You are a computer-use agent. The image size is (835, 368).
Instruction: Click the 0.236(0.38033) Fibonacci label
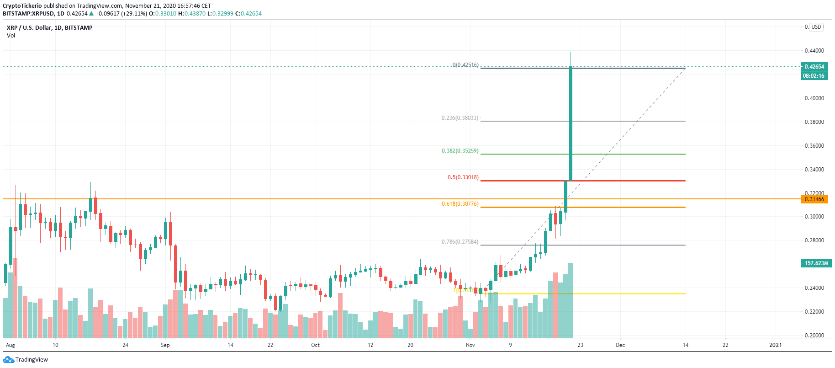point(460,118)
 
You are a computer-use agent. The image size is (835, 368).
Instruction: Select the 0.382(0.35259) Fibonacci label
point(460,151)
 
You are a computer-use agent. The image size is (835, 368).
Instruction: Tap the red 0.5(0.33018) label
point(463,177)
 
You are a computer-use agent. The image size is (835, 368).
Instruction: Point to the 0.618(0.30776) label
point(460,204)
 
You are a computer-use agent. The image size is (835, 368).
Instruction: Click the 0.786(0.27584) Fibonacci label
point(460,242)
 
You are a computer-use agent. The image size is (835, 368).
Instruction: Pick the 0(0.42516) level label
point(465,65)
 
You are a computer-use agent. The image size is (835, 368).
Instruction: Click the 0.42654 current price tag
point(814,67)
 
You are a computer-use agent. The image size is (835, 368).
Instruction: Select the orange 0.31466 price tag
point(814,199)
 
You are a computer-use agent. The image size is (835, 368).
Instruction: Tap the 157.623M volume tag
point(816,263)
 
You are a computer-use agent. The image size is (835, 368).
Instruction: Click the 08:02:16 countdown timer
point(814,76)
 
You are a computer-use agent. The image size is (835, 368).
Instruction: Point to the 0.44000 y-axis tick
point(814,51)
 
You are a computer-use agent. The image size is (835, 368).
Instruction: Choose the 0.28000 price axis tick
point(814,240)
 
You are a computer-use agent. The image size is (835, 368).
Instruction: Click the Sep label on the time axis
point(165,345)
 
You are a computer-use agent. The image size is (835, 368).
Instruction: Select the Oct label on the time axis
point(315,345)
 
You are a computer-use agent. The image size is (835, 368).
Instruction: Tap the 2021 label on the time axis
point(775,345)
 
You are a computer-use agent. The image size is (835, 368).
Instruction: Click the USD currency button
point(816,27)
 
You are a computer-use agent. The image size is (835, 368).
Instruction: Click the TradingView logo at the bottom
point(26,360)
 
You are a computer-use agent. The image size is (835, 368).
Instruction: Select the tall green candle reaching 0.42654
point(571,123)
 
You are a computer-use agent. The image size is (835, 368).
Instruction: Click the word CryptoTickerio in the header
point(22,6)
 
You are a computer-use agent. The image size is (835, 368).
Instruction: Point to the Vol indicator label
point(11,36)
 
